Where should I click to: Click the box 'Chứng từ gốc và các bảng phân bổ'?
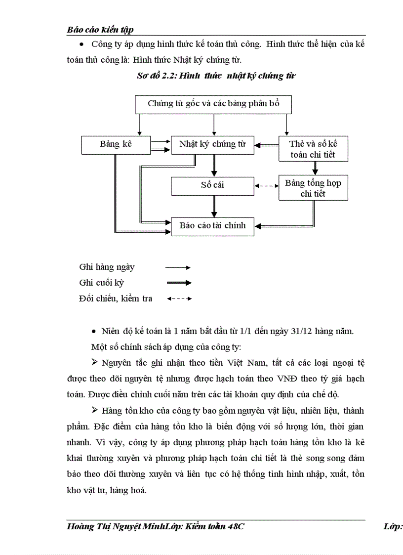[x=213, y=104]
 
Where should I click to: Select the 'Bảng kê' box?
[x=116, y=145]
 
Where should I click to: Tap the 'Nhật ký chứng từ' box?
[x=213, y=145]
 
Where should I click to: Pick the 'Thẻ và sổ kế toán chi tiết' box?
[x=313, y=149]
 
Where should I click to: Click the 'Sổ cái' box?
[x=213, y=186]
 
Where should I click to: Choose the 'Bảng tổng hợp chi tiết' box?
[x=313, y=188]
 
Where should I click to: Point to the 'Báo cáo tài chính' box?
[x=213, y=226]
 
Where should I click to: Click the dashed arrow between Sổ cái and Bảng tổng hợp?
[x=267, y=186]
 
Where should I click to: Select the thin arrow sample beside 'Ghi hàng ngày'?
[x=178, y=267]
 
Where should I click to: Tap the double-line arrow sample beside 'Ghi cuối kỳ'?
[x=178, y=283]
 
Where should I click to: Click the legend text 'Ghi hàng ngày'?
[x=107, y=267]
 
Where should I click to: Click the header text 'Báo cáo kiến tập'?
[x=100, y=30]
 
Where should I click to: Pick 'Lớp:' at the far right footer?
[x=393, y=527]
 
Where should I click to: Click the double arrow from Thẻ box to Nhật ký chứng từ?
[x=267, y=145]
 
